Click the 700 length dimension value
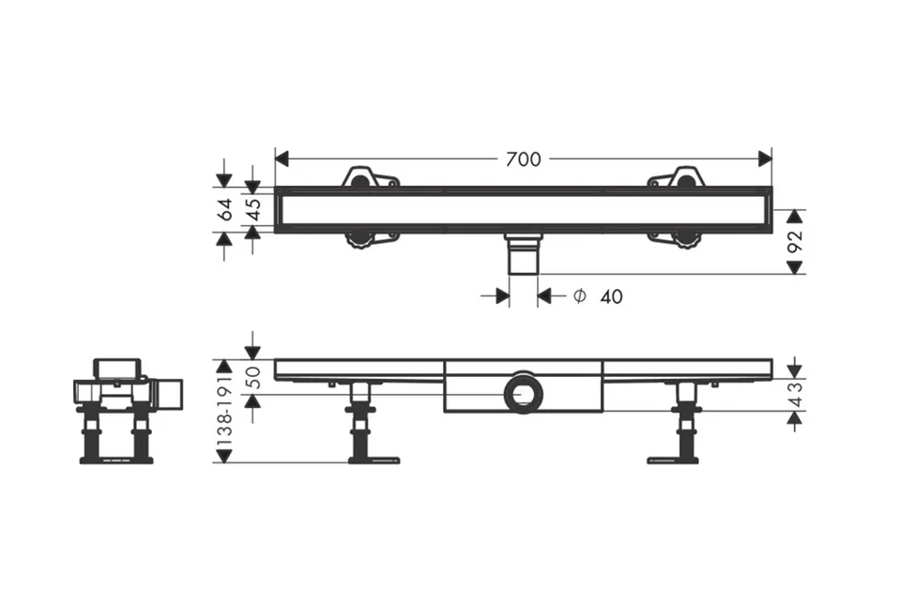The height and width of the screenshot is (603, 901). tap(523, 159)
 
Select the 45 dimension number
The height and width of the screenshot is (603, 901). tap(253, 209)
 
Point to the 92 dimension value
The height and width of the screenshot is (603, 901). tap(794, 241)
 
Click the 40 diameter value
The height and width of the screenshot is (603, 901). tap(611, 296)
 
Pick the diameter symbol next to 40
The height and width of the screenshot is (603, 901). tap(580, 295)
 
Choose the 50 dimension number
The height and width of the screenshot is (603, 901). tap(253, 377)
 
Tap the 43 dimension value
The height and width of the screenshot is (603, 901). tap(795, 395)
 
